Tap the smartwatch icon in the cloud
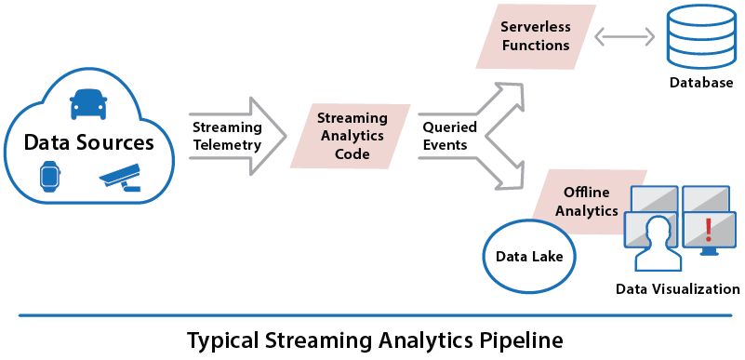pyautogui.click(x=50, y=176)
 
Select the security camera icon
pyautogui.click(x=120, y=176)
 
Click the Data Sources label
pyautogui.click(x=88, y=142)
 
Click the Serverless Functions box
pyautogui.click(x=535, y=35)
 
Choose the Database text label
pyautogui.click(x=700, y=83)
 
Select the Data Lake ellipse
pyautogui.click(x=528, y=255)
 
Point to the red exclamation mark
pyautogui.click(x=708, y=229)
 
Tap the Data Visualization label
pyautogui.click(x=678, y=289)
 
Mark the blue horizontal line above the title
pyautogui.click(x=372, y=315)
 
